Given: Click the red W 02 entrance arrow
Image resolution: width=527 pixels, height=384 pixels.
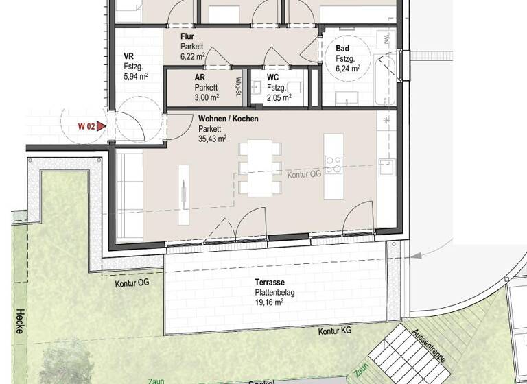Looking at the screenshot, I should point(102,126).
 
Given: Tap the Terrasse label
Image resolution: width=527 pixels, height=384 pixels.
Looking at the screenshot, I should point(270,283).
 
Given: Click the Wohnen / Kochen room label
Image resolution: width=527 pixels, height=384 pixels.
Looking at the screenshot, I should point(229,119).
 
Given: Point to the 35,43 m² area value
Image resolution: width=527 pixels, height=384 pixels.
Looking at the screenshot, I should point(213,138).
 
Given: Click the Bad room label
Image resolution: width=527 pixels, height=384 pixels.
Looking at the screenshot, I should point(342,49).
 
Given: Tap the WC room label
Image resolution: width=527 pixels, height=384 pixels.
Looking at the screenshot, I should point(273,77).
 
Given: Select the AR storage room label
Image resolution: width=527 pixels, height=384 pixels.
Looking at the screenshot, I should point(200,77).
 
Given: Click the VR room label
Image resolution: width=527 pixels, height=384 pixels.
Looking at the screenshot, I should point(128,57).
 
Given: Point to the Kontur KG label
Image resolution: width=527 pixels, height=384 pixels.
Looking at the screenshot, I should point(335,331).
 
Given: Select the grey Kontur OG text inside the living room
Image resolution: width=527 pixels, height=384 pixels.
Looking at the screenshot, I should point(304,174).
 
